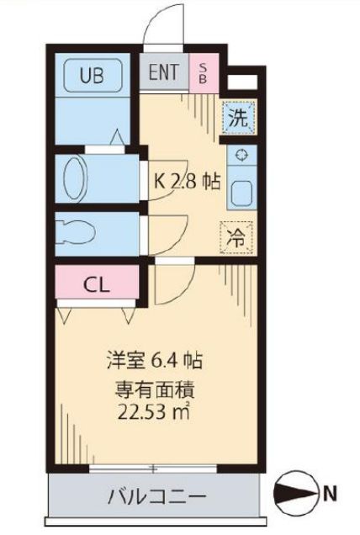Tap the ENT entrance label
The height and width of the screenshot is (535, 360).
pos(164,72)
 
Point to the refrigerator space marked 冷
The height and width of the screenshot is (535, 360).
pos(238,236)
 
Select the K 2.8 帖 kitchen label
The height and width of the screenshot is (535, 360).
pos(186,181)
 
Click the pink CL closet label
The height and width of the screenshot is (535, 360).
pos(94,283)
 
